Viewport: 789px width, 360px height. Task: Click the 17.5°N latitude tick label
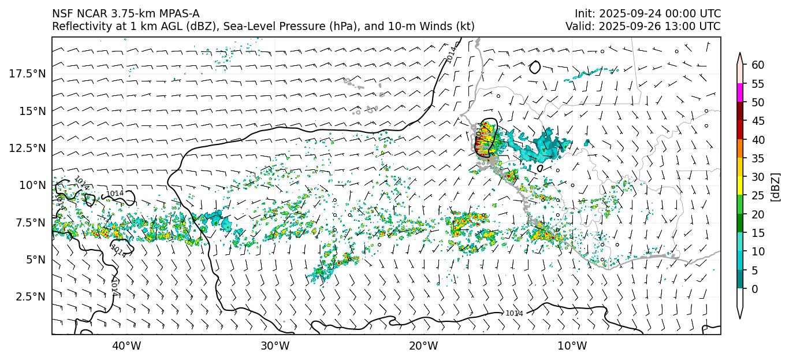27,73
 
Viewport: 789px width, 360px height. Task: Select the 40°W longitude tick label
126,346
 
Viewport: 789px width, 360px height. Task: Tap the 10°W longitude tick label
572,346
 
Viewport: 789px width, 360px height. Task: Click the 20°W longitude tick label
423,346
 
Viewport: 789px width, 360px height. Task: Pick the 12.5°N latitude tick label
27,148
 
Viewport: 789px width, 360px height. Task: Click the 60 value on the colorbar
758,65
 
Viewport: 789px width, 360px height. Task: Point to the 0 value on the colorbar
754,289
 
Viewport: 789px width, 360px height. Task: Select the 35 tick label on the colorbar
758,158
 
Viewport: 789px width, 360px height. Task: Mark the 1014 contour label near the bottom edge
514,313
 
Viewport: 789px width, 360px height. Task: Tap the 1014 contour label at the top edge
452,54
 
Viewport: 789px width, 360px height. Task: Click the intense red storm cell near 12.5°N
481,142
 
